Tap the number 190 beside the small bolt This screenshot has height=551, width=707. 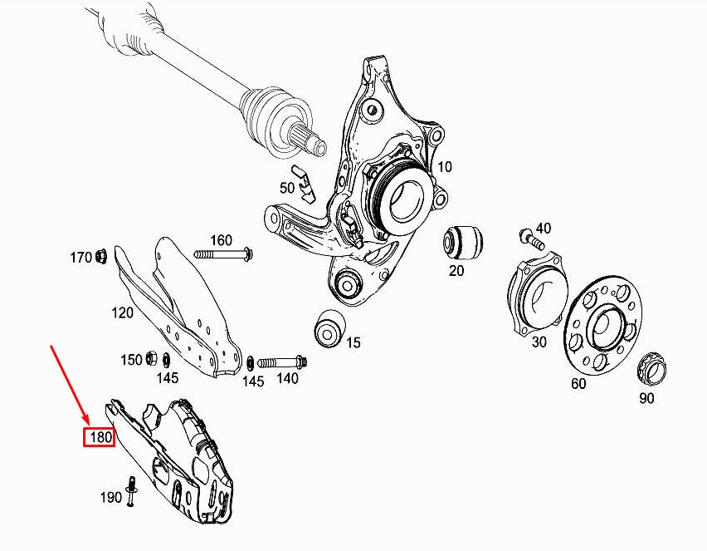click(x=111, y=498)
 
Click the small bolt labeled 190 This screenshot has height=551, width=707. click(x=131, y=491)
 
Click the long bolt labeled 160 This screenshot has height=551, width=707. click(x=222, y=253)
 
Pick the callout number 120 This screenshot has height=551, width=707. click(x=123, y=312)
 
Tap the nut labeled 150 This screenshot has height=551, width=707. click(x=152, y=359)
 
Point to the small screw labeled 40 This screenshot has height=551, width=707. click(x=529, y=239)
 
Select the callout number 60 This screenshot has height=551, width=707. click(x=578, y=385)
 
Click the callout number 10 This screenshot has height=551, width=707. click(x=445, y=166)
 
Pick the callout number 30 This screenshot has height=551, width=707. click(x=539, y=341)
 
